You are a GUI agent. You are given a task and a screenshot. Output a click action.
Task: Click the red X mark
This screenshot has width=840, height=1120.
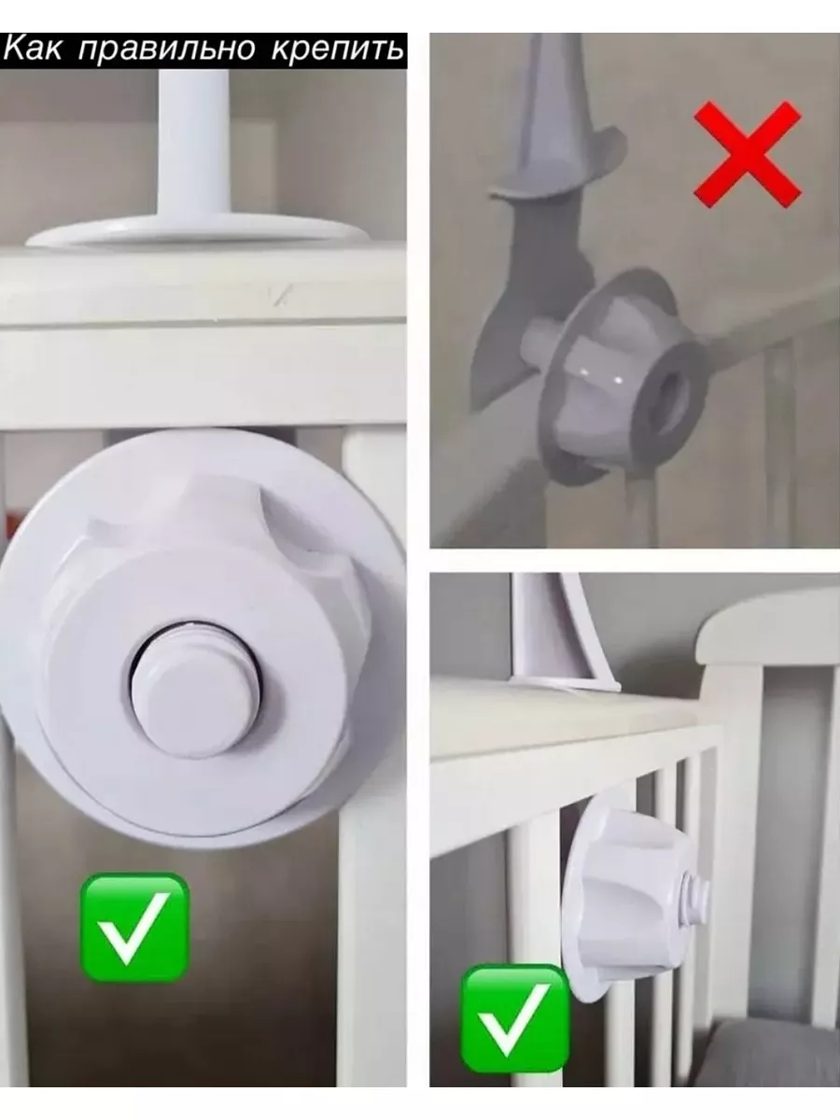click(x=748, y=154)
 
